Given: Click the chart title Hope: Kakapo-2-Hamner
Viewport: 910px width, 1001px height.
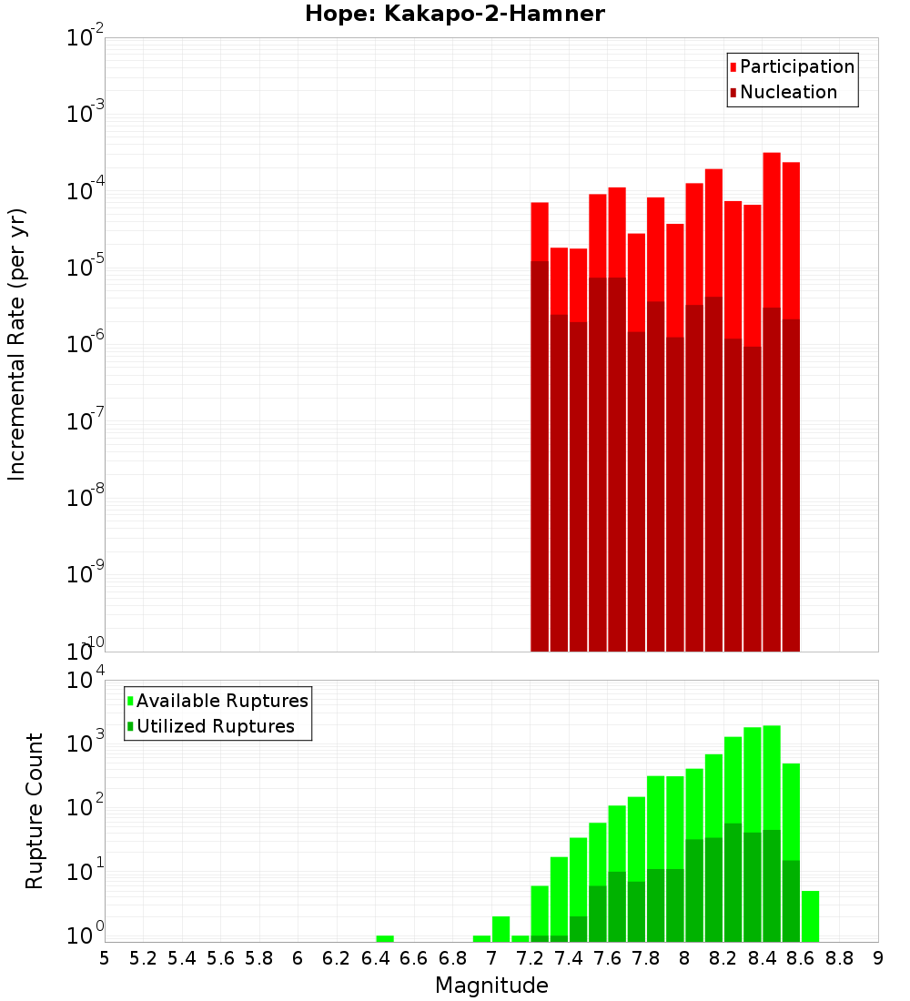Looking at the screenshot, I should (454, 14).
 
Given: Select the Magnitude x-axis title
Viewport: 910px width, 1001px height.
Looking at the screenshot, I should (491, 986).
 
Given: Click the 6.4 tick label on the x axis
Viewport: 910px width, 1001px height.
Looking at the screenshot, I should (375, 958).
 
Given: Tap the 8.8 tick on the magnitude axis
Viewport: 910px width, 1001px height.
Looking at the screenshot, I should (839, 958).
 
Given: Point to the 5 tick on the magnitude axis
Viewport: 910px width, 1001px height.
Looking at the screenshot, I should (105, 958).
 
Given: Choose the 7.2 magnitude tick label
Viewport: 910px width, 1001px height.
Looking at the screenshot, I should (530, 958).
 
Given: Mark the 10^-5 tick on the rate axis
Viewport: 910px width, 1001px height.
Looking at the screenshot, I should (84, 268).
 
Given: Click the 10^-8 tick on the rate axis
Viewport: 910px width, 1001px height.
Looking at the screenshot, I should (84, 498).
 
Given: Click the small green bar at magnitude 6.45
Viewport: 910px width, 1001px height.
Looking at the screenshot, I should (385, 938).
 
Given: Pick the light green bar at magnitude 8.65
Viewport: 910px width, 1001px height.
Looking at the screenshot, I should (810, 916).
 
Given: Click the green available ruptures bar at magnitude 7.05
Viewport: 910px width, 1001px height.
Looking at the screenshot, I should (500, 929).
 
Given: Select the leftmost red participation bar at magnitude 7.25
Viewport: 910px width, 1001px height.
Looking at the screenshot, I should (540, 232).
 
